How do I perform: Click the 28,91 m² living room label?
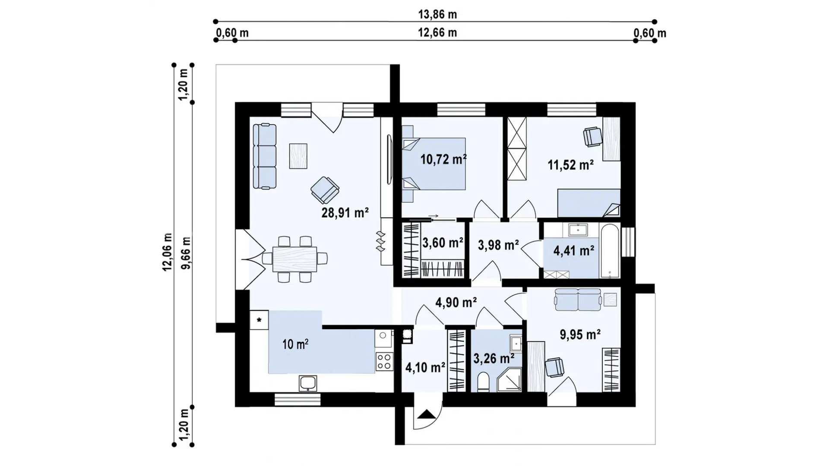[x=345, y=212]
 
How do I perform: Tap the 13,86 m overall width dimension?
[x=437, y=15]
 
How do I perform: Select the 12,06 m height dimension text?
[x=168, y=252]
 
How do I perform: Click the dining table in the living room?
[x=295, y=258]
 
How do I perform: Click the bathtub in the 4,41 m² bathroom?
[x=610, y=250]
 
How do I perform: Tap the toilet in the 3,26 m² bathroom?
[x=483, y=382]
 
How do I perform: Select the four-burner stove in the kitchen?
[x=384, y=362]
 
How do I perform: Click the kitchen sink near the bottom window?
[x=308, y=383]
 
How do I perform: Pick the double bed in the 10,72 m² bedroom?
[x=433, y=164]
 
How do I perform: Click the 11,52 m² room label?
[x=571, y=164]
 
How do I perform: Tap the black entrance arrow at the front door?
[x=427, y=414]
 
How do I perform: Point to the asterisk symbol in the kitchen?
[x=259, y=320]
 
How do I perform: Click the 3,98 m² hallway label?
[x=498, y=245]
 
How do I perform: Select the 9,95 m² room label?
[x=580, y=334]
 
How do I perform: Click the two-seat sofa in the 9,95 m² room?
[x=578, y=299]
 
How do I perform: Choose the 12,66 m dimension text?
[x=437, y=33]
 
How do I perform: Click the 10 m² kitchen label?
[x=295, y=344]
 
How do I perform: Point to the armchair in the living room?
[x=325, y=190]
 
